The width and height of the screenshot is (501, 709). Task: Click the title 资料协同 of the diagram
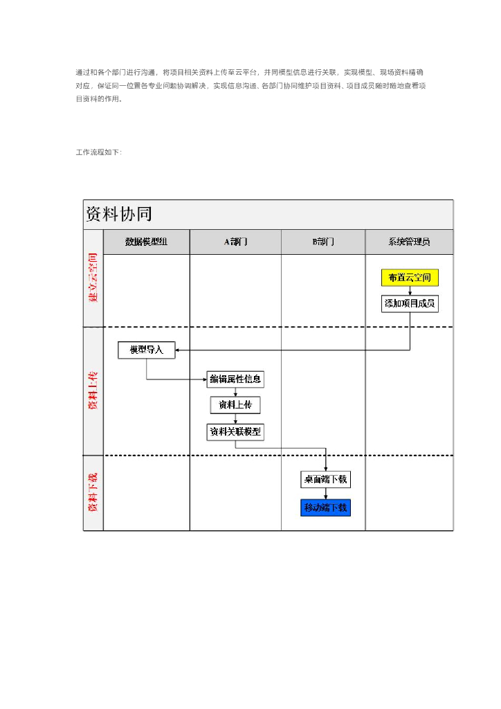118,214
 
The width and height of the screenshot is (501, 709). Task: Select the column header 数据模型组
146,242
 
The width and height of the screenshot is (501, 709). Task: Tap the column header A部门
235,242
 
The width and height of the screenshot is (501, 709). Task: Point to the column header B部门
323,242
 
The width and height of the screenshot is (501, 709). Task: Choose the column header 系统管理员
409,242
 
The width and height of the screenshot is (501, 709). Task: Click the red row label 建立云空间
93,278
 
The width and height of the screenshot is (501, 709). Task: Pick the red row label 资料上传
93,391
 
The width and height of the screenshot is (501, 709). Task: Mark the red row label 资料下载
93,492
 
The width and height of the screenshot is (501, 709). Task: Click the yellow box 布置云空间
410,278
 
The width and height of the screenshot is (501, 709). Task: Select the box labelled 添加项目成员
410,303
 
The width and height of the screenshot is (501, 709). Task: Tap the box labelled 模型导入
146,350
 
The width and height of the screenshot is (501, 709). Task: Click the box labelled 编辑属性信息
235,379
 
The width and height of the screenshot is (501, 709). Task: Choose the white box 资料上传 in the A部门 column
235,405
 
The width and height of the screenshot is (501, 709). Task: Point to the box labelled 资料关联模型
235,432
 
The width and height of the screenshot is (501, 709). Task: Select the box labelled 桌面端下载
325,479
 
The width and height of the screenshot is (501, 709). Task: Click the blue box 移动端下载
325,508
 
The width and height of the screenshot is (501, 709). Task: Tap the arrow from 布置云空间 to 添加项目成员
410,291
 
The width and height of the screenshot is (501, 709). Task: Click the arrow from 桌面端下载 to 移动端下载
325,494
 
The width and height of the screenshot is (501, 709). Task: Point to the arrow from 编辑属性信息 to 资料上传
235,392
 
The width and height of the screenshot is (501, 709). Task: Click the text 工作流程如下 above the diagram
98,152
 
